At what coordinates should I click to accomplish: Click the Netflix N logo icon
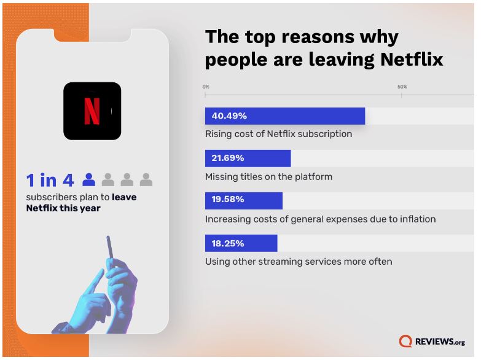[x=92, y=111]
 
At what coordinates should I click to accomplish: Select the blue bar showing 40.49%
[x=284, y=116]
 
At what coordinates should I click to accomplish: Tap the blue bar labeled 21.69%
[x=248, y=158]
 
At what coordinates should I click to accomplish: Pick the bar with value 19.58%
[x=243, y=200]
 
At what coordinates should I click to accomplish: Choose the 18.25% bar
[x=241, y=243]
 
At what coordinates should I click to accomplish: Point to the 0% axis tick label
[x=206, y=87]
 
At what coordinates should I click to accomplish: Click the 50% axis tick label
[x=402, y=87]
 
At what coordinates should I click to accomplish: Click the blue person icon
[x=89, y=179]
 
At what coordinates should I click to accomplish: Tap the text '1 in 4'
[x=50, y=180]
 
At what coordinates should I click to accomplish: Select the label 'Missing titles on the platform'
[x=268, y=177]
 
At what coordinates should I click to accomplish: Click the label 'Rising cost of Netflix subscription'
[x=278, y=134]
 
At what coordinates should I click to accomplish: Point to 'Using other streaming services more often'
[x=298, y=262]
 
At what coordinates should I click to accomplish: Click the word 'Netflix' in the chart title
[x=412, y=60]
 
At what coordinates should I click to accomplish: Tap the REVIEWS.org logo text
[x=440, y=342]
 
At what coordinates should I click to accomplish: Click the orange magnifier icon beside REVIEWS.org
[x=405, y=342]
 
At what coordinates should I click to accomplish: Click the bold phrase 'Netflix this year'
[x=63, y=208]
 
